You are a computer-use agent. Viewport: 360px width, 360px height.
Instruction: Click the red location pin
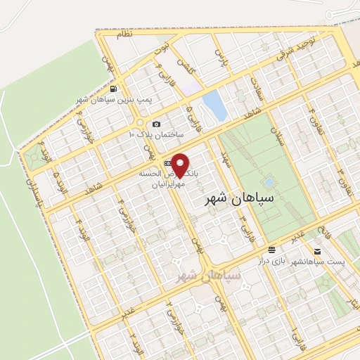pyautogui.click(x=181, y=165)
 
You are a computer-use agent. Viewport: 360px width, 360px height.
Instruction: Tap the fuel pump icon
pyautogui.click(x=113, y=89)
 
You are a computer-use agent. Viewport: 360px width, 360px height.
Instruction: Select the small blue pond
pyautogui.click(x=214, y=106)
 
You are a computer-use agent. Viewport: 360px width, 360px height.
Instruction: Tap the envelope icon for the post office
pyautogui.click(x=317, y=251)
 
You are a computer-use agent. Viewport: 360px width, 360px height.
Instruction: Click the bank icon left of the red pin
pyautogui.click(x=167, y=163)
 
